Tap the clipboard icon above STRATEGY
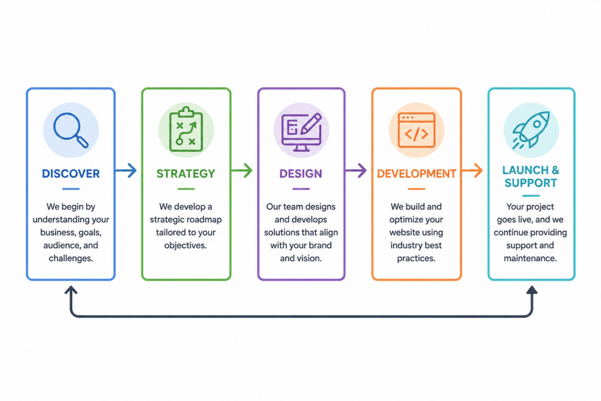click(x=186, y=129)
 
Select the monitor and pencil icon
click(x=301, y=132)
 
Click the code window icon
click(x=416, y=130)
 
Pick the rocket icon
click(x=532, y=129)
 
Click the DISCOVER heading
click(x=71, y=174)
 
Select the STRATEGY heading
click(x=186, y=174)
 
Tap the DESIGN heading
click(x=301, y=174)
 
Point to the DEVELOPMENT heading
click(x=417, y=174)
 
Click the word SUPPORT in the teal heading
click(x=531, y=183)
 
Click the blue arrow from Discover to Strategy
click(x=126, y=171)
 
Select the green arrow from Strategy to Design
click(x=241, y=171)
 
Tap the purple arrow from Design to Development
click(x=356, y=171)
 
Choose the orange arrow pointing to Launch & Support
click(x=472, y=171)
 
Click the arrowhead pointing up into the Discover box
click(x=71, y=289)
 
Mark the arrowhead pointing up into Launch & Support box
click(x=532, y=290)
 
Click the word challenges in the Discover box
click(x=70, y=258)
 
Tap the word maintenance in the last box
click(x=530, y=258)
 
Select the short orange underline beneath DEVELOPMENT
click(x=416, y=189)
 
